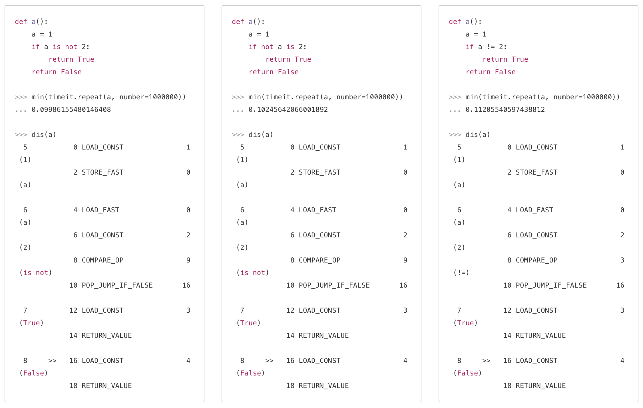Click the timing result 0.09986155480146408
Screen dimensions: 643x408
click(71, 110)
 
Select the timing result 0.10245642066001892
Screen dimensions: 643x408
click(288, 110)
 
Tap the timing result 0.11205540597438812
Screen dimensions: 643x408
click(505, 110)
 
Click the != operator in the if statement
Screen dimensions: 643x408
click(491, 47)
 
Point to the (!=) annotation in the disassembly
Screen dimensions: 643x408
click(461, 273)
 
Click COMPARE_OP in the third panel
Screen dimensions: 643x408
click(536, 260)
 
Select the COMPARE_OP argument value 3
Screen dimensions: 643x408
click(622, 260)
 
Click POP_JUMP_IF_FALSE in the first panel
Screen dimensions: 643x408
click(117, 285)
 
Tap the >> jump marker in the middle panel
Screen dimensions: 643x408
click(269, 361)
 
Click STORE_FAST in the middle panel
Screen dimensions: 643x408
click(320, 172)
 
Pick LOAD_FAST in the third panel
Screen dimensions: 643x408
click(534, 210)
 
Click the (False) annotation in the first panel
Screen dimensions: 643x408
click(33, 373)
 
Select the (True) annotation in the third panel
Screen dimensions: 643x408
click(465, 323)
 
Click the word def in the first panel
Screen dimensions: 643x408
click(21, 22)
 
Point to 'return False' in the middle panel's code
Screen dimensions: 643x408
click(274, 72)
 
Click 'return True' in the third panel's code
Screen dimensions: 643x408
click(505, 59)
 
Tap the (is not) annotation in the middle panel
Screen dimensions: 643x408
click(253, 273)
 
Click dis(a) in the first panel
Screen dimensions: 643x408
click(44, 135)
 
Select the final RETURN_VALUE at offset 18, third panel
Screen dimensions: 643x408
click(540, 386)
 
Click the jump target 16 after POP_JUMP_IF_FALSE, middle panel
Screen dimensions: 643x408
click(403, 285)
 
